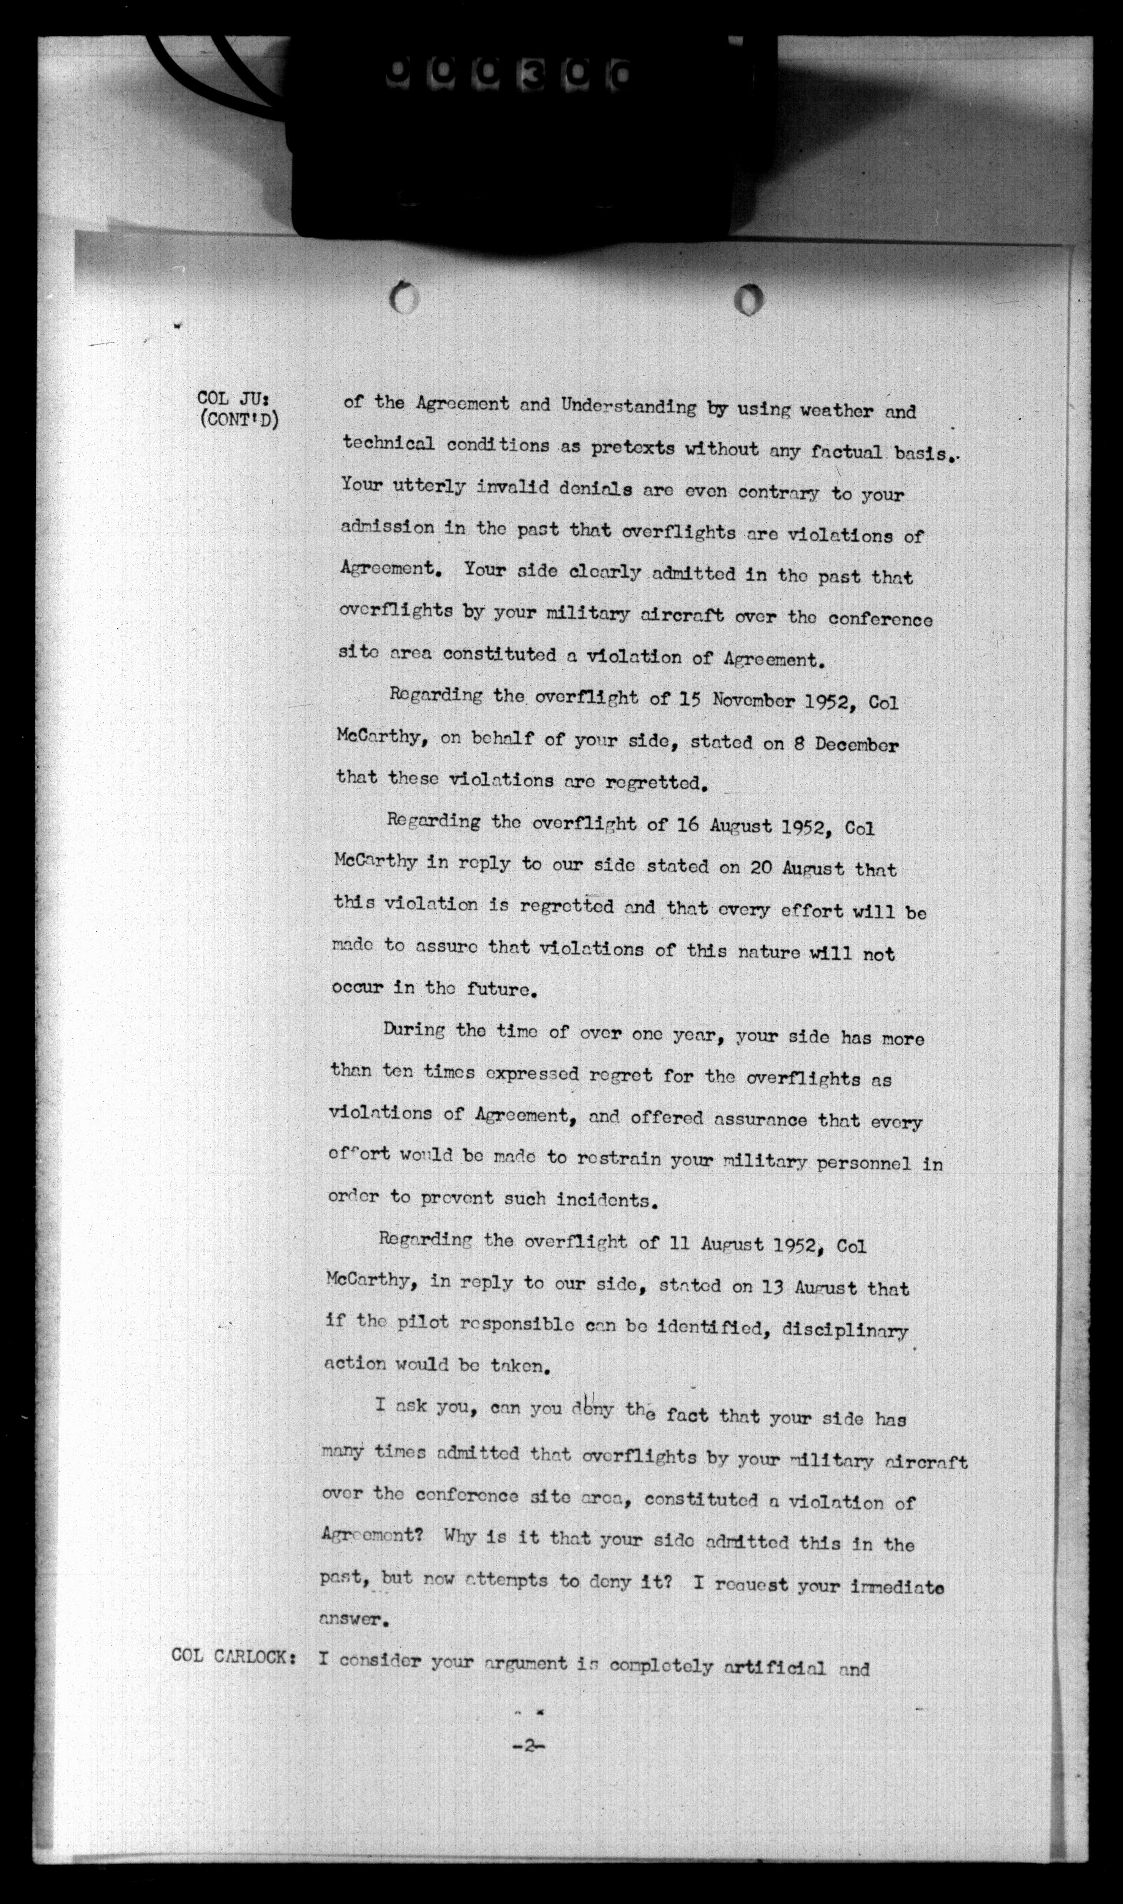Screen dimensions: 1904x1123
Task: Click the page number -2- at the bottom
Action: click(529, 1763)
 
